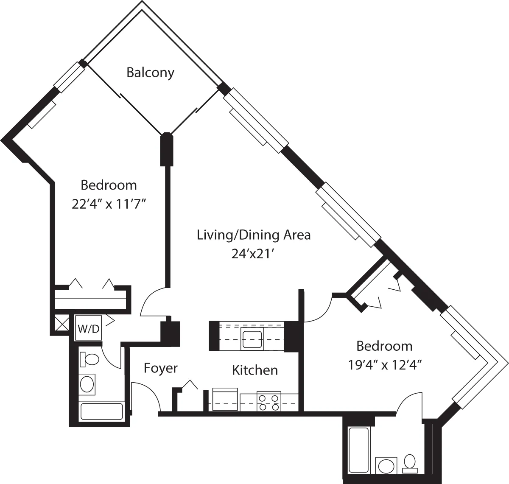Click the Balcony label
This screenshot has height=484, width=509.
tap(151, 73)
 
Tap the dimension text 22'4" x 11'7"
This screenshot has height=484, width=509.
tap(109, 204)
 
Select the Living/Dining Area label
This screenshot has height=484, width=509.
tap(254, 235)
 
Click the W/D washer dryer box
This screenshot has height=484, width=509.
tap(88, 328)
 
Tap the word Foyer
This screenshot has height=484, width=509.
tap(160, 368)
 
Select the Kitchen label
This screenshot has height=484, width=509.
tap(255, 370)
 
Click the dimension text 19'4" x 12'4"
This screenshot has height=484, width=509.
tap(384, 365)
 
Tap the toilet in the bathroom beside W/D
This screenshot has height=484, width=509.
tap(89, 360)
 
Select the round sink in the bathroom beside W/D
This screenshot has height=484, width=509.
tap(88, 384)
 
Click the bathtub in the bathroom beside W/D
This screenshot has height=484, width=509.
tap(102, 411)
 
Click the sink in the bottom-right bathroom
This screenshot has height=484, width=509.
tap(386, 465)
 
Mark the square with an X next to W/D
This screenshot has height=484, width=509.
tap(61, 324)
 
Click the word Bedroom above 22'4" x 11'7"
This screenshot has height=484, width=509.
tap(109, 185)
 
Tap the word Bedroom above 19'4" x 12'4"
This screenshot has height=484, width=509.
tap(384, 346)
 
